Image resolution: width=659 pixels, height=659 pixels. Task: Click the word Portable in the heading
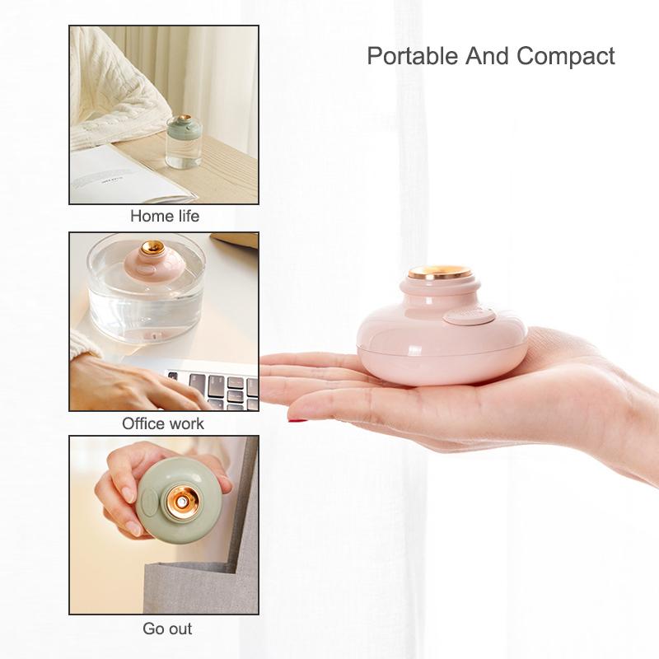coord(413,56)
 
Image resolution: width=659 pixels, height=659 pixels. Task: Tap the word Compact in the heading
coord(566,56)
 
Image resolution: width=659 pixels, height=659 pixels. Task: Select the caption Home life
coord(165,216)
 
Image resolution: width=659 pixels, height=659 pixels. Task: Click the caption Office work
coord(163,423)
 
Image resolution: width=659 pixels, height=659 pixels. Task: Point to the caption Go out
coord(167,629)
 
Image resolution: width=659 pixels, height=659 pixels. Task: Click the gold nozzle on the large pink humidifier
coord(440,273)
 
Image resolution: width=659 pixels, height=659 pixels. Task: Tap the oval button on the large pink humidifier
coord(469,316)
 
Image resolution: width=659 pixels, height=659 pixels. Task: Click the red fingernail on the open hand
coord(297,419)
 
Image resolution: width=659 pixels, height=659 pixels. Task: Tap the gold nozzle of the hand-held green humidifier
coord(181,502)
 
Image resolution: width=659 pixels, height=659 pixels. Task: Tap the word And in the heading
coord(487,56)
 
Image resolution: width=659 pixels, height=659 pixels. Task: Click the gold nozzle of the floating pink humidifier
coord(152,248)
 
